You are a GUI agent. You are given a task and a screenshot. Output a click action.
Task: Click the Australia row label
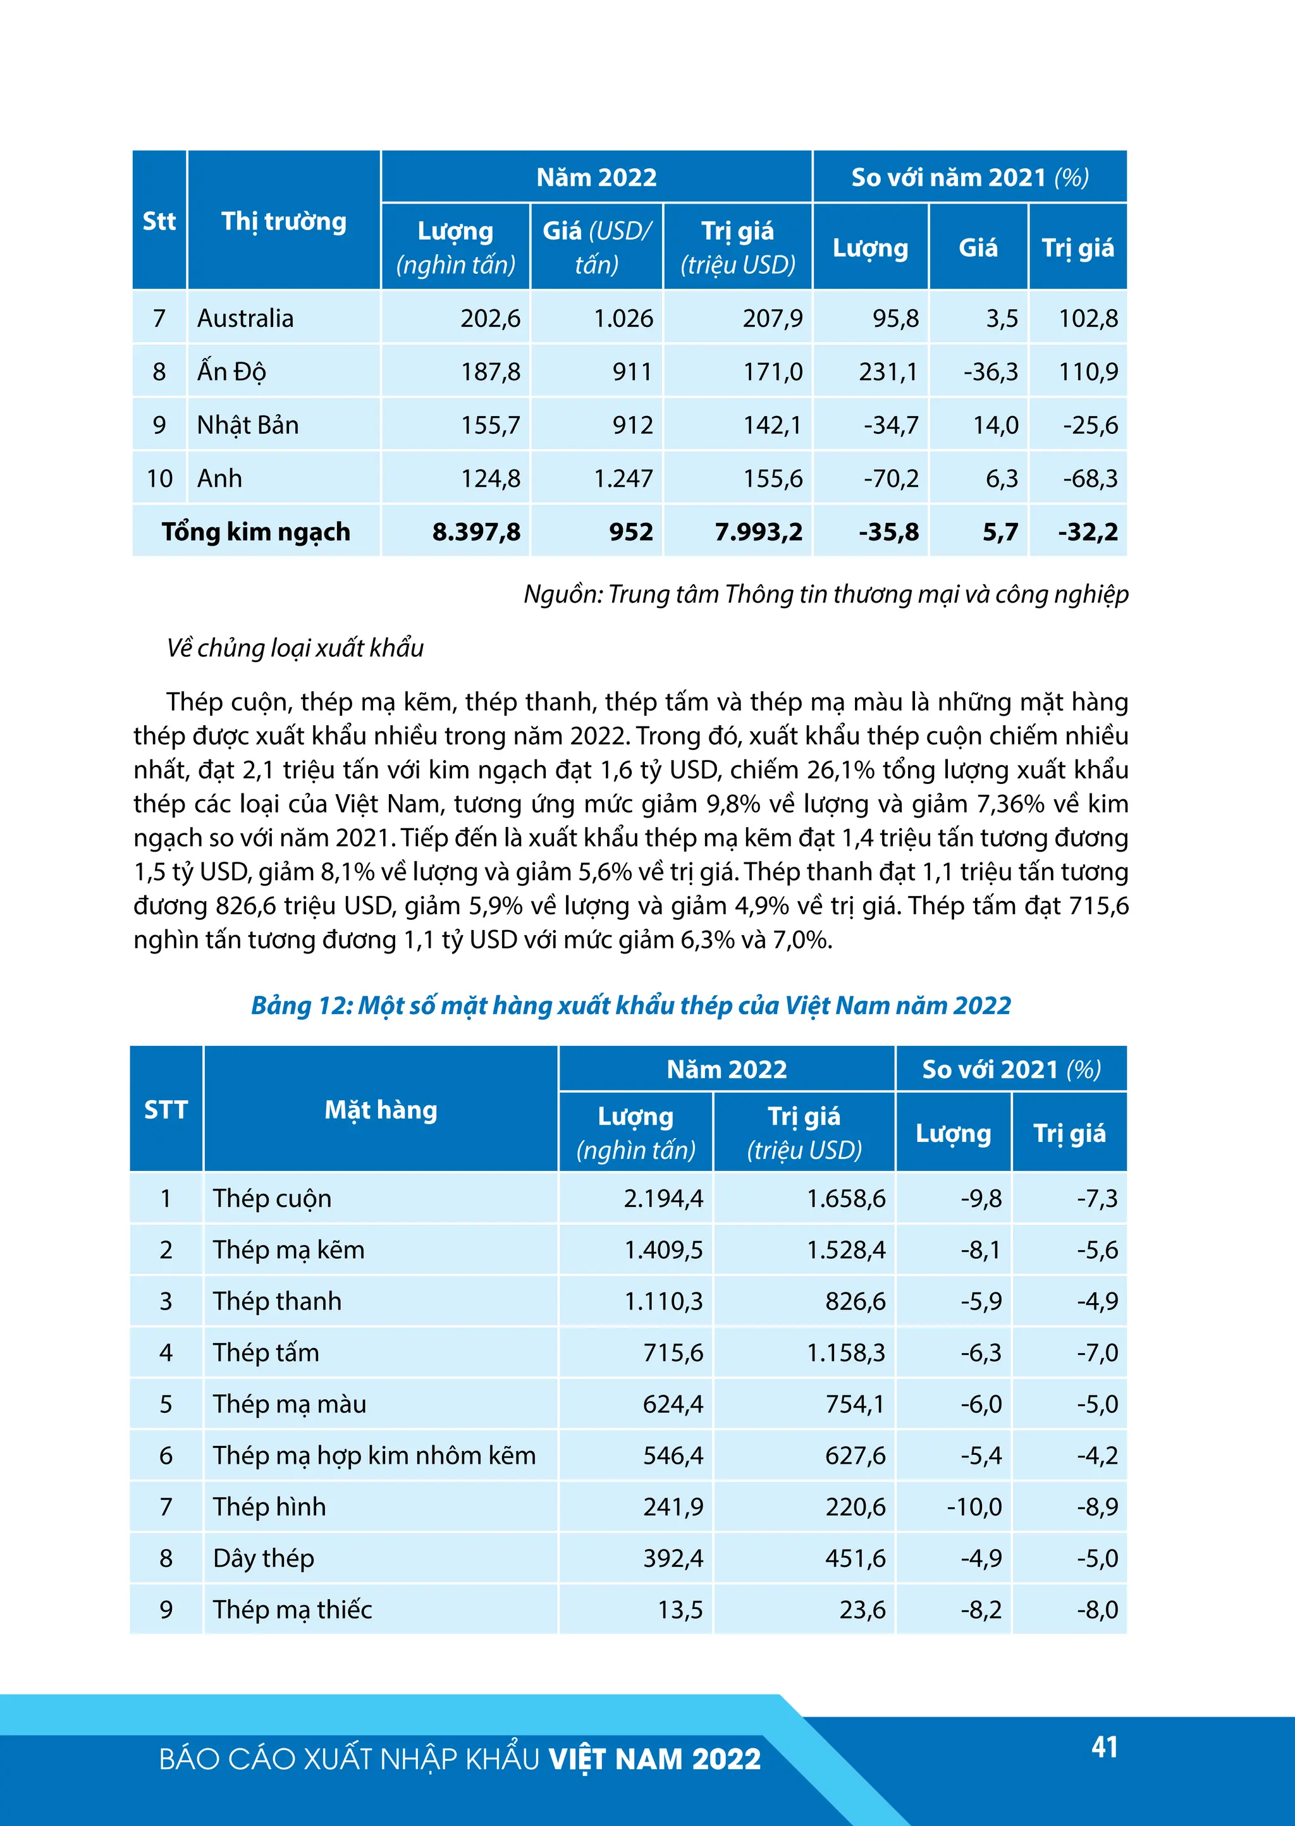coord(245,318)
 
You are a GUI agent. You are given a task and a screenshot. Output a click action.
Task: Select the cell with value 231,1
coord(888,372)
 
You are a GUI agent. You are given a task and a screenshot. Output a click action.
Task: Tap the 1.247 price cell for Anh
coord(623,479)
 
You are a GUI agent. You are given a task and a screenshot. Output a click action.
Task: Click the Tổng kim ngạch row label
coord(255,532)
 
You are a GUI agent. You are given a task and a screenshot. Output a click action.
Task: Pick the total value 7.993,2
coord(758,532)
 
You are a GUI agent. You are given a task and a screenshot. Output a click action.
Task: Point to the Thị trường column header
coord(283,221)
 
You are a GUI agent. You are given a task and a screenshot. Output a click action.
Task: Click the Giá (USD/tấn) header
coord(596,247)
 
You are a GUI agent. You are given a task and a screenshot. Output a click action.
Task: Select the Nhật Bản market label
coord(247,425)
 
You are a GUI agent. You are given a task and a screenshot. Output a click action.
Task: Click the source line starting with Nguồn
coord(825,594)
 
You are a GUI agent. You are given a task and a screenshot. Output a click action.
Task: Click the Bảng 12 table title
coord(630,1005)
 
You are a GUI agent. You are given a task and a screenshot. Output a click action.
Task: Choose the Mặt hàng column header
coord(381,1109)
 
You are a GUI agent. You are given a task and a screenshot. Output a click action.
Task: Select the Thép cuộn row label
coord(272,1198)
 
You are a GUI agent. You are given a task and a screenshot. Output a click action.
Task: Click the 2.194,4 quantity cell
coord(663,1198)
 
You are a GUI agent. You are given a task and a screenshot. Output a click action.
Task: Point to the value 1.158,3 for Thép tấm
coord(845,1352)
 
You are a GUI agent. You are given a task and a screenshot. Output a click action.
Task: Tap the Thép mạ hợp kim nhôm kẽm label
coord(373,1455)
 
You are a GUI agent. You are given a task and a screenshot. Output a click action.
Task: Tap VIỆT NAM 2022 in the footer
coord(654,1759)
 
